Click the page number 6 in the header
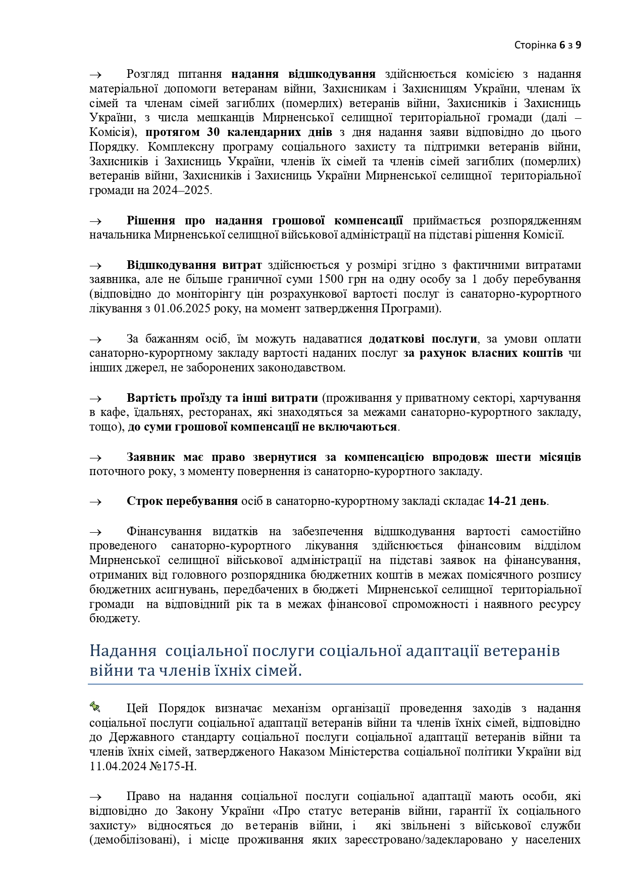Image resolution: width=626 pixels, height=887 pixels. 562,45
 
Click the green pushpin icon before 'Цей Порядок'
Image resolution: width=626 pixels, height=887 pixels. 95,706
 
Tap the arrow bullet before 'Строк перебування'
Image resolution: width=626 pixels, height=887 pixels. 95,502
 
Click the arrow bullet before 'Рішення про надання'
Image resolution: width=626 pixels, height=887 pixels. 95,221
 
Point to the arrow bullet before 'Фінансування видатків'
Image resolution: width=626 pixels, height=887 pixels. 95,532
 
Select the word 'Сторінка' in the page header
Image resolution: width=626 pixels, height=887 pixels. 535,45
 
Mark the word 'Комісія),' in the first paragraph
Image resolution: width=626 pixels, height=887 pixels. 114,132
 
